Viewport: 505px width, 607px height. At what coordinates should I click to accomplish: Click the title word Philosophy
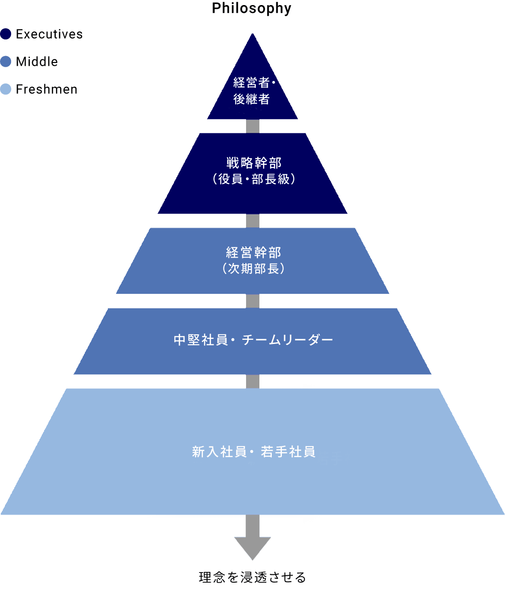252,8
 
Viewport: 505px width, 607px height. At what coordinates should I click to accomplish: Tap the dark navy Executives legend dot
6,34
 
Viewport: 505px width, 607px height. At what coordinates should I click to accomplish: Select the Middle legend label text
37,62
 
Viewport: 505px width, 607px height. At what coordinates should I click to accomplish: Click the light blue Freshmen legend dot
6,89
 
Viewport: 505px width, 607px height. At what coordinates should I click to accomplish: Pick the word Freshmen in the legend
46,89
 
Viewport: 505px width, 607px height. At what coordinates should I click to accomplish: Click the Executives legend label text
49,34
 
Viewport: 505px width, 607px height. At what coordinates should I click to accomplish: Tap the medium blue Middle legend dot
6,62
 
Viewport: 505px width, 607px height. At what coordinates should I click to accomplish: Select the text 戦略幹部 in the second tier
253,163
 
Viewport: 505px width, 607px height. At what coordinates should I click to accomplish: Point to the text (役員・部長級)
253,179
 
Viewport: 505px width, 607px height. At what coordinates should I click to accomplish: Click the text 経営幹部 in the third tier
253,252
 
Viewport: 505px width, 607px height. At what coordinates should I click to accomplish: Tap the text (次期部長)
253,269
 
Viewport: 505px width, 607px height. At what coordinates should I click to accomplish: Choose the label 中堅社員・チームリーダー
253,340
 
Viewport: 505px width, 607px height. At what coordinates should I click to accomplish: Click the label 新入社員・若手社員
253,452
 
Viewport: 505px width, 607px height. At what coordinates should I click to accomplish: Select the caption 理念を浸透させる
252,578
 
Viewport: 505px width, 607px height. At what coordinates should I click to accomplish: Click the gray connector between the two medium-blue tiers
252,301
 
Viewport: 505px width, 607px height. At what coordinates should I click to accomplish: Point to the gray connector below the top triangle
252,126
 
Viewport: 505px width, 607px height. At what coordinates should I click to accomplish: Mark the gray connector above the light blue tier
252,381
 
